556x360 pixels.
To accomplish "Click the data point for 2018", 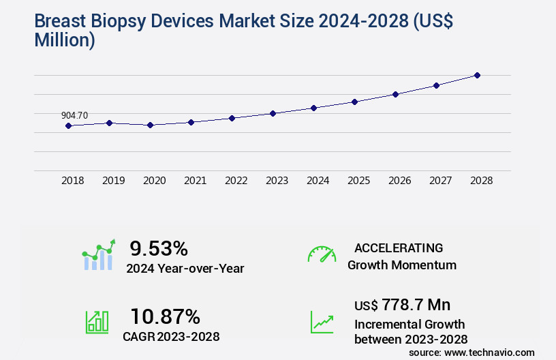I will pos(68,125).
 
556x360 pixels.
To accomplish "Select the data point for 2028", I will pos(477,75).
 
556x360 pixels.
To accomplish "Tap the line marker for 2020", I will pos(150,125).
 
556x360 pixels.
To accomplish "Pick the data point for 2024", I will pos(313,108).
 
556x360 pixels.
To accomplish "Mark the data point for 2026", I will pos(395,94).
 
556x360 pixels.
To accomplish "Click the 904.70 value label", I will pos(74,115).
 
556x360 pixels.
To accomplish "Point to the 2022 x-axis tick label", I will pos(236,181).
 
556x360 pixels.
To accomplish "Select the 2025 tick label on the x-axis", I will pos(358,181).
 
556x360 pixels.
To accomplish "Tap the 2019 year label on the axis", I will pos(113,181).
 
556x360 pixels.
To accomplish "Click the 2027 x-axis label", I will pos(440,181).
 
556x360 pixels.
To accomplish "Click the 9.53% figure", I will pos(159,248).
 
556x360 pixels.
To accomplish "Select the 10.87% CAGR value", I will pos(165,316).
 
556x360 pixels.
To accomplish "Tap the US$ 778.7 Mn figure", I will pos(403,305).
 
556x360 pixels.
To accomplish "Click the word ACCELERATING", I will pos(399,248).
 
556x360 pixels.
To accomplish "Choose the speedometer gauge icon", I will pos(322,254).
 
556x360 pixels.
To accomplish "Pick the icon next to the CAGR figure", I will pos(97,322).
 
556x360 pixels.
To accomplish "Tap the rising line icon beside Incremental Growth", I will pos(322,322).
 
